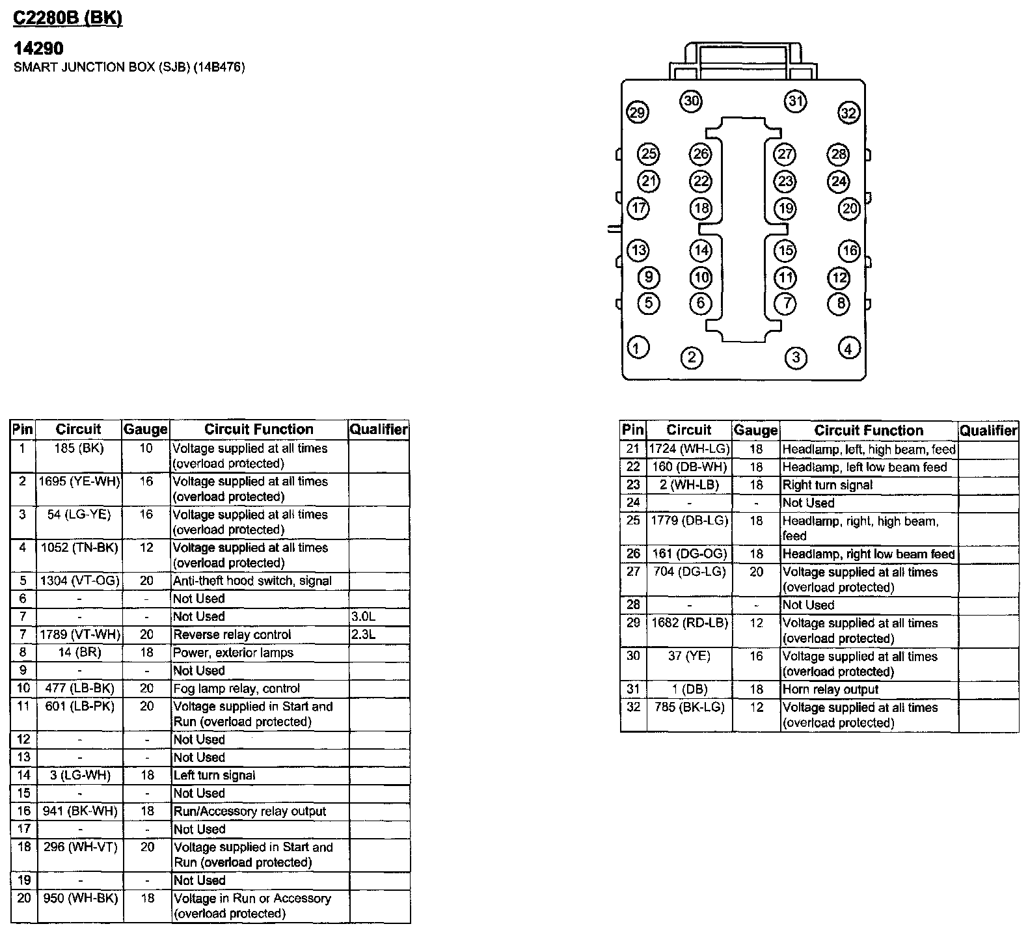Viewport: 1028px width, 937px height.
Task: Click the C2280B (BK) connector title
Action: (68, 18)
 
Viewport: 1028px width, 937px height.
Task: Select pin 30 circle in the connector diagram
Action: (691, 101)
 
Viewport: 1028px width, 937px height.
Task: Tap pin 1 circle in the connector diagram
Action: (638, 347)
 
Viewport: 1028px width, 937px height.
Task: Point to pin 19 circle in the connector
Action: (785, 208)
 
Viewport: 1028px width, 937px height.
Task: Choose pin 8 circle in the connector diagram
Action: (840, 303)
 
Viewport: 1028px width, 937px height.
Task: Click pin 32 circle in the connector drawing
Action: (848, 113)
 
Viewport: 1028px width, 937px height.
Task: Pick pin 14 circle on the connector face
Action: (701, 251)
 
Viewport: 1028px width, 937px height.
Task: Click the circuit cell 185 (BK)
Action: (79, 448)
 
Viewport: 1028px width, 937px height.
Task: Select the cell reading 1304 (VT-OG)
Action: (79, 581)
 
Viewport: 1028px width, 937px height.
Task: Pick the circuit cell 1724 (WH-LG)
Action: (690, 449)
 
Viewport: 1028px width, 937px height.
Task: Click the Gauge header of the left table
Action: (146, 429)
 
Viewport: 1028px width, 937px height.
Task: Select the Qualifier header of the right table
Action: (988, 430)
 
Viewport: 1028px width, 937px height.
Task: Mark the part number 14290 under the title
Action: (39, 48)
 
